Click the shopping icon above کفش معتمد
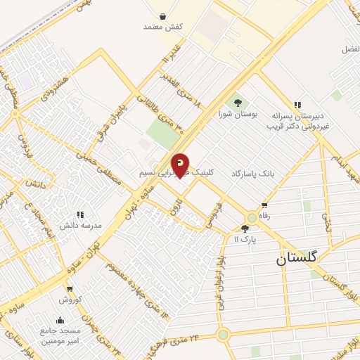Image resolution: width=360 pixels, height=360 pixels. tap(163, 15)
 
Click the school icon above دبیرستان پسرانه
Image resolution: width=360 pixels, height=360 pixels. tap(297, 105)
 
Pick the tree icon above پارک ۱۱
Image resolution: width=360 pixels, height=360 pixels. tap(245, 229)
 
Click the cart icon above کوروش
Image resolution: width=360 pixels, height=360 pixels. tap(69, 288)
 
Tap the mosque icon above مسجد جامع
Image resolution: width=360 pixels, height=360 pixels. tap(60, 320)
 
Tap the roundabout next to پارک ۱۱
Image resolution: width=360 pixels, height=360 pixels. tap(252, 217)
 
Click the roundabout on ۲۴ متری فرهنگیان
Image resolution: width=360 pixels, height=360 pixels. tap(223, 335)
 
